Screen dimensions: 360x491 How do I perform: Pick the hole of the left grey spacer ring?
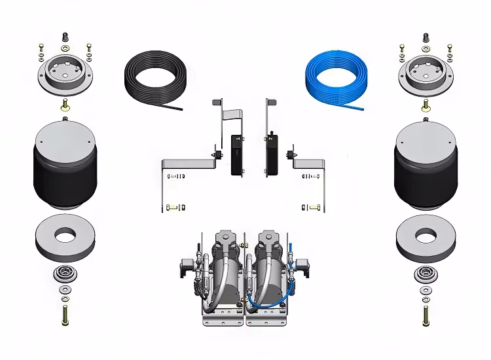point(65,234)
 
